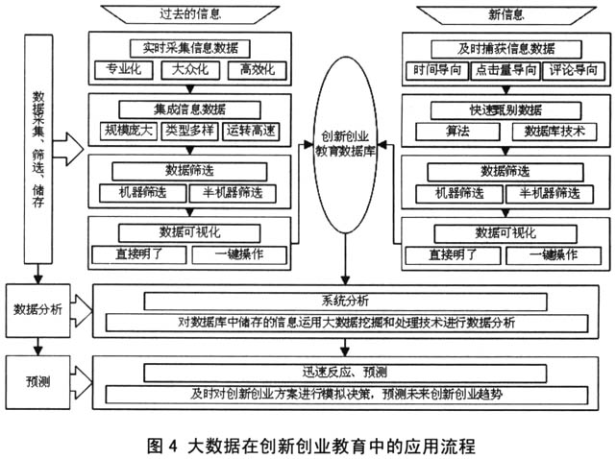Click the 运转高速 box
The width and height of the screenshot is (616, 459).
(255, 131)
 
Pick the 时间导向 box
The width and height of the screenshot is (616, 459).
(438, 70)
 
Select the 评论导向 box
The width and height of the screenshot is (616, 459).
(570, 70)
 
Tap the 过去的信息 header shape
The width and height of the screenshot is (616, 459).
(190, 14)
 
